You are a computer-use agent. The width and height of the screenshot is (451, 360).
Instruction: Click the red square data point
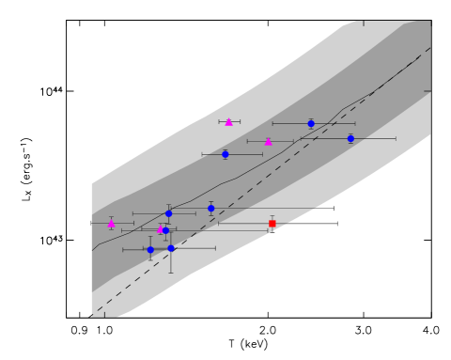[272, 223]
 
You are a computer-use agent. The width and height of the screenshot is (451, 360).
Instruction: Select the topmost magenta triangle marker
[228, 121]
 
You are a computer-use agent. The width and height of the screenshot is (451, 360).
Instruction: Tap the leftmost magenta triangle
[111, 223]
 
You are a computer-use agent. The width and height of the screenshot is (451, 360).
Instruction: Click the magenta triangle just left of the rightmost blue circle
[268, 142]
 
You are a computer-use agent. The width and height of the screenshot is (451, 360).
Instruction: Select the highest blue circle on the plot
[311, 123]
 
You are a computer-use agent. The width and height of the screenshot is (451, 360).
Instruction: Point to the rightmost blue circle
[350, 138]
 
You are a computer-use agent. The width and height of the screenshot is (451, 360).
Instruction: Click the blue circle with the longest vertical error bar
[171, 248]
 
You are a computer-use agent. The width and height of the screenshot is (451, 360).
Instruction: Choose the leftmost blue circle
[150, 250]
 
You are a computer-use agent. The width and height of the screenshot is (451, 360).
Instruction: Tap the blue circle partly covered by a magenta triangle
[166, 230]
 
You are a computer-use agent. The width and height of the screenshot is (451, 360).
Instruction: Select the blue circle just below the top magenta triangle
[225, 154]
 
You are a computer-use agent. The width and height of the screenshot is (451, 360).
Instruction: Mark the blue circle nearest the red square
[210, 208]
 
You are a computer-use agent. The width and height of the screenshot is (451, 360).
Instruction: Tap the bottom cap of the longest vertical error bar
[171, 273]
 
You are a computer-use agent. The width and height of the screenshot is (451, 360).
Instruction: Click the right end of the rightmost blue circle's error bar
[396, 138]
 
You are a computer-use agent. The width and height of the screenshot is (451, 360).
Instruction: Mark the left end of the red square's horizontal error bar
[218, 223]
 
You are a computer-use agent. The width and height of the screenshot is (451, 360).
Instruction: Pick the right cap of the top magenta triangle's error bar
[240, 121]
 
